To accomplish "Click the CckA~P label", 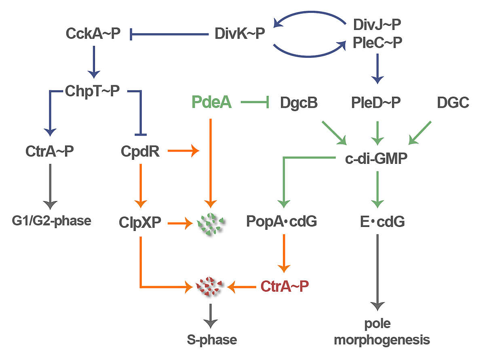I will point(93,34).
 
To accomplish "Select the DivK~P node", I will point(239,34).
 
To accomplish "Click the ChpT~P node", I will point(93,91).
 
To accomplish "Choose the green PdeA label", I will point(212,103).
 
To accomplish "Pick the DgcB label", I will point(299,103).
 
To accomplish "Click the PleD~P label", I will point(376,103).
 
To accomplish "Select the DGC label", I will point(453,103).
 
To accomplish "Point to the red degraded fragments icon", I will point(210,287).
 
